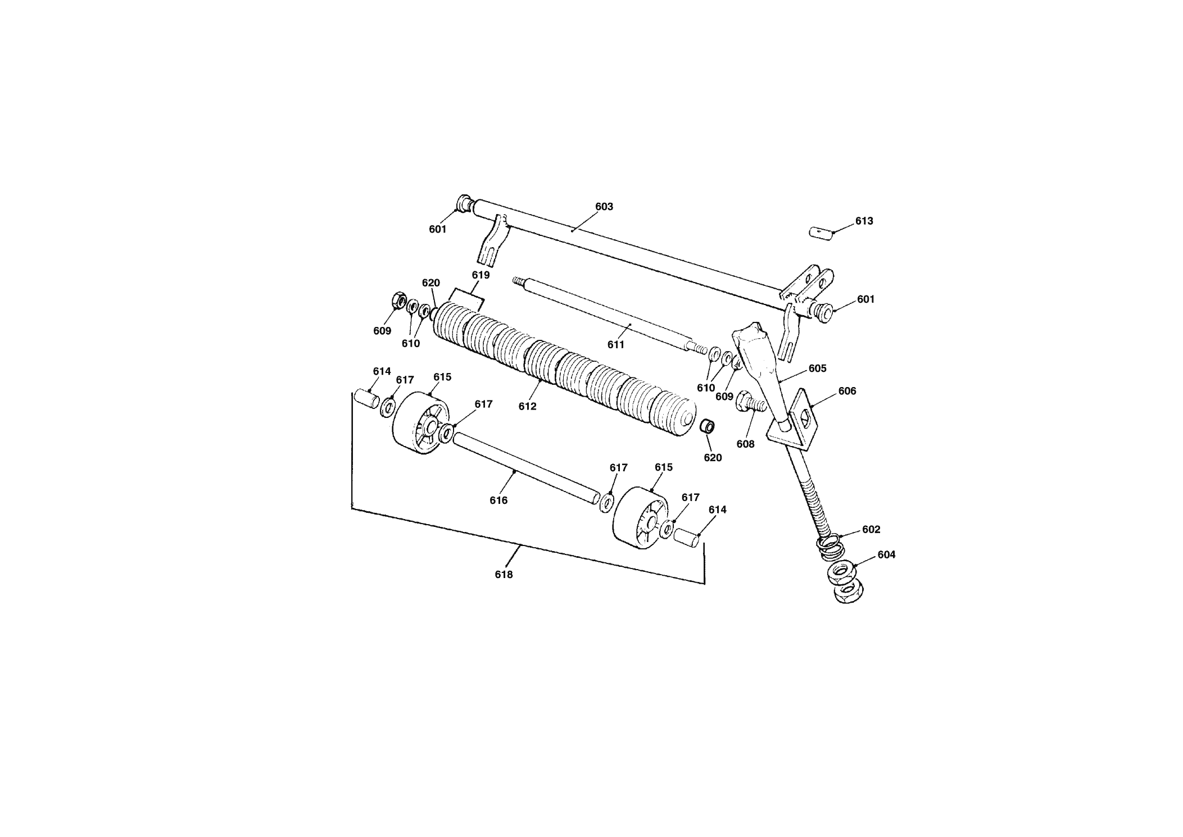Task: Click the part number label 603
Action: click(x=604, y=207)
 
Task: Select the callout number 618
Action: click(x=504, y=575)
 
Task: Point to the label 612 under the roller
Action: click(x=528, y=407)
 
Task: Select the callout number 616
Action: click(x=498, y=501)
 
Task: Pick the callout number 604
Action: click(x=886, y=555)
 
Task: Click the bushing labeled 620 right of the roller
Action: click(x=707, y=426)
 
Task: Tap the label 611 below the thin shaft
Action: click(x=616, y=345)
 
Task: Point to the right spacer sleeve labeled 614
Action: click(x=686, y=537)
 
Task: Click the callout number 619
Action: click(x=481, y=275)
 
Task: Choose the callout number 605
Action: click(x=818, y=369)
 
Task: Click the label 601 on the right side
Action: click(x=866, y=299)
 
